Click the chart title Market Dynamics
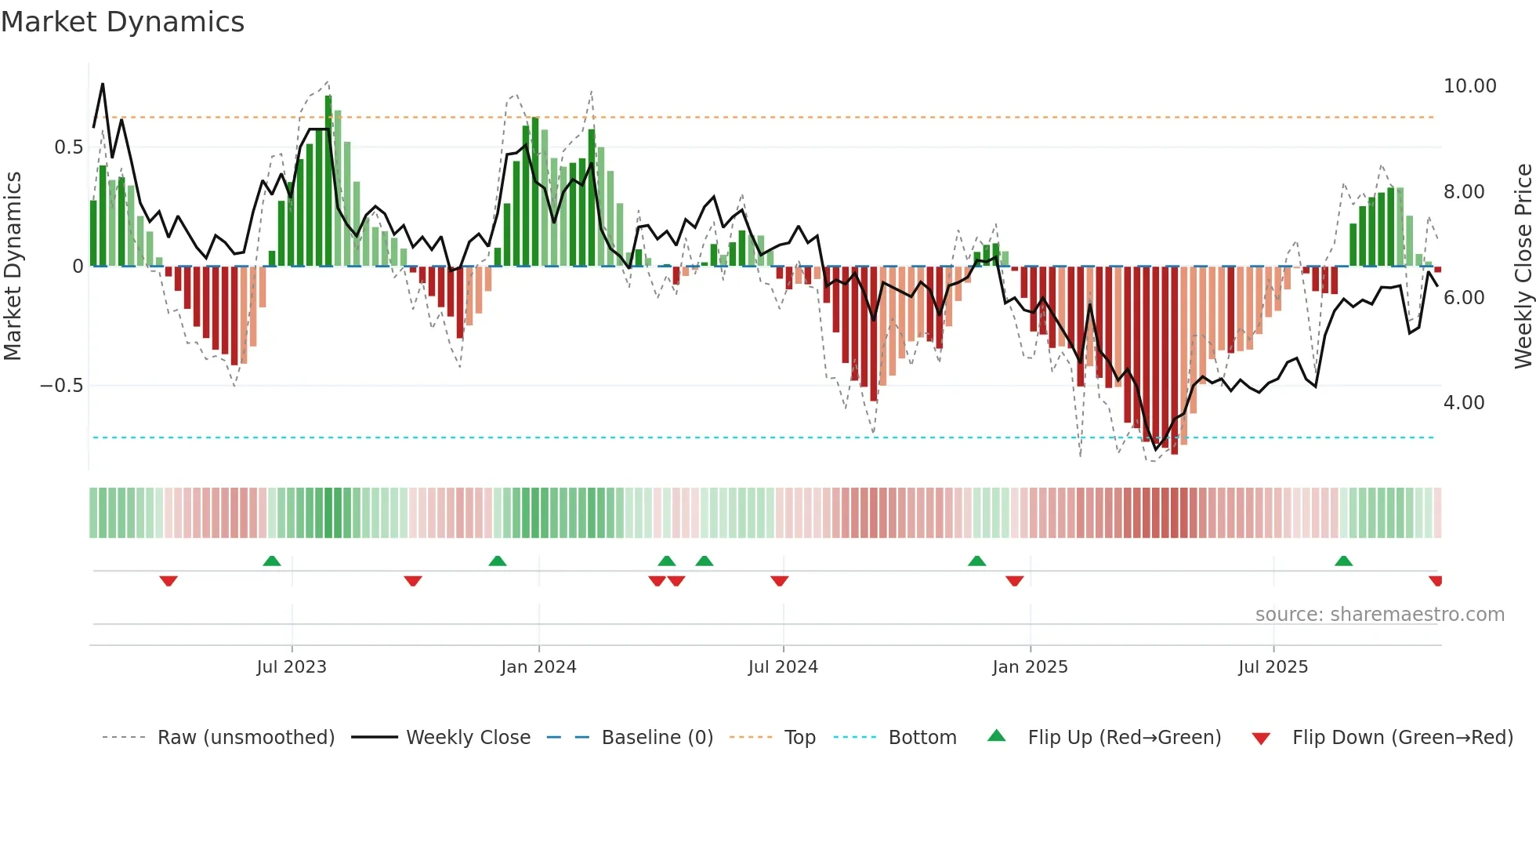tap(122, 22)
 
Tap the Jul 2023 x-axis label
tap(292, 667)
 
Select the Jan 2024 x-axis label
tap(538, 667)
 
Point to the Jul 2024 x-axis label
tap(783, 667)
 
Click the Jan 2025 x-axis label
tap(1030, 667)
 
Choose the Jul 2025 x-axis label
tap(1273, 667)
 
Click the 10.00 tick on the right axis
tap(1469, 86)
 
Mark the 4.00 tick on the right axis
tap(1464, 403)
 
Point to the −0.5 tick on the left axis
tap(61, 386)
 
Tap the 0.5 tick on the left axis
tap(68, 147)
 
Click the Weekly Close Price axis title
tap(1523, 266)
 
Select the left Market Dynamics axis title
tap(13, 266)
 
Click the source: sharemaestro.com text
tap(1379, 615)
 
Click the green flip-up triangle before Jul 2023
tap(272, 561)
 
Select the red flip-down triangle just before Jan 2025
tap(1014, 581)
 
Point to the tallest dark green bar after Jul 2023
tap(328, 180)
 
